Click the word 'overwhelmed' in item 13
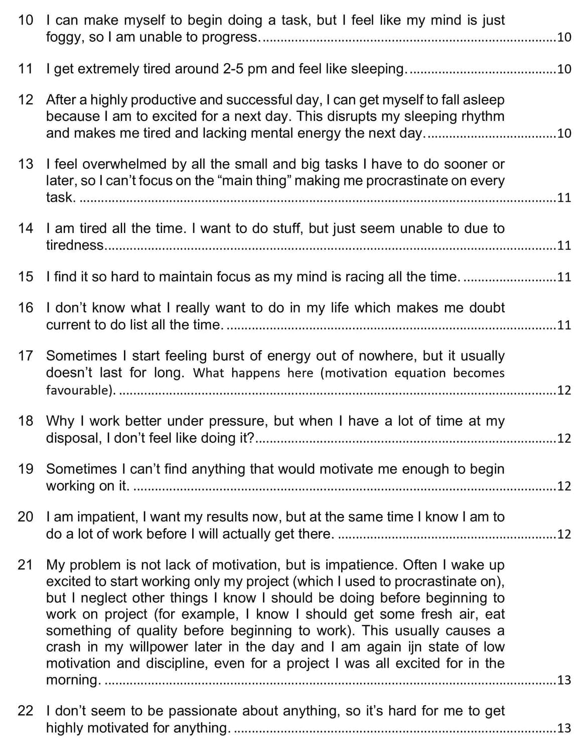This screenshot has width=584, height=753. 120,164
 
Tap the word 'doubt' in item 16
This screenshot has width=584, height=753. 487,308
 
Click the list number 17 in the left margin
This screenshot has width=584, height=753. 25,356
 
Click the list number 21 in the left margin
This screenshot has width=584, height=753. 25,565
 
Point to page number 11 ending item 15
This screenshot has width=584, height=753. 564,277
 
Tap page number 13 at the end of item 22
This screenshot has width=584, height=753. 564,728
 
